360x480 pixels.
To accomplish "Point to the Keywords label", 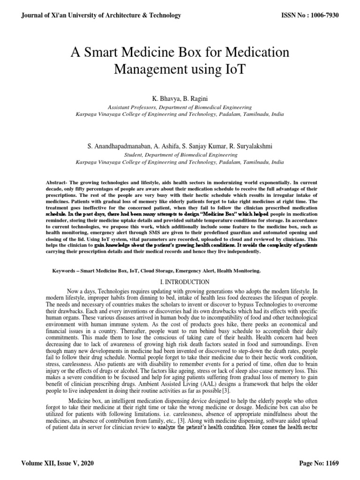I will pos(68,271).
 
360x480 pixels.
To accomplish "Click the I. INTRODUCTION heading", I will pos(180,282).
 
